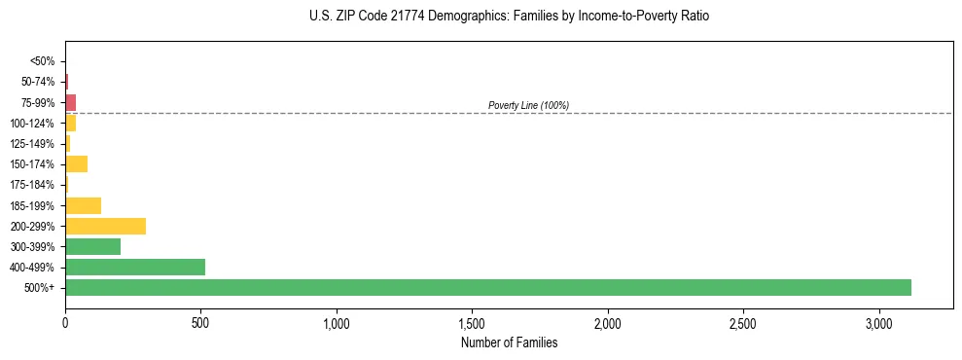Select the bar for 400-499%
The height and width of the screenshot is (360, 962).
click(135, 267)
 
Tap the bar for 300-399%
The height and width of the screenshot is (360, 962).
click(93, 246)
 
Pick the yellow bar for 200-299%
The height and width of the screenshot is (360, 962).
click(105, 226)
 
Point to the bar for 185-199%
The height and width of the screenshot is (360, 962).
click(84, 205)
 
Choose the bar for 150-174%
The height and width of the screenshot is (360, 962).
click(77, 163)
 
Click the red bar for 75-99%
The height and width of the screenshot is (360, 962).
click(71, 102)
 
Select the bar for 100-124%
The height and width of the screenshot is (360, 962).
click(71, 123)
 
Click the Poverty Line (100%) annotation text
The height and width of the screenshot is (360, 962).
click(528, 105)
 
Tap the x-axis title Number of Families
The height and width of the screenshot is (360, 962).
click(509, 342)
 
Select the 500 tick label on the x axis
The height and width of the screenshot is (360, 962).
click(200, 322)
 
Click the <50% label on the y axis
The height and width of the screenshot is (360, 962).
click(42, 61)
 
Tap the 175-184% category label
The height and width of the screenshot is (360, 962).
click(32, 185)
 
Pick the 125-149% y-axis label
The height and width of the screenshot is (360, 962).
click(32, 144)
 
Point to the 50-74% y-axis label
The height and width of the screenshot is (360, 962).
click(37, 82)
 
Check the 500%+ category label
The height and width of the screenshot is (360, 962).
click(40, 288)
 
